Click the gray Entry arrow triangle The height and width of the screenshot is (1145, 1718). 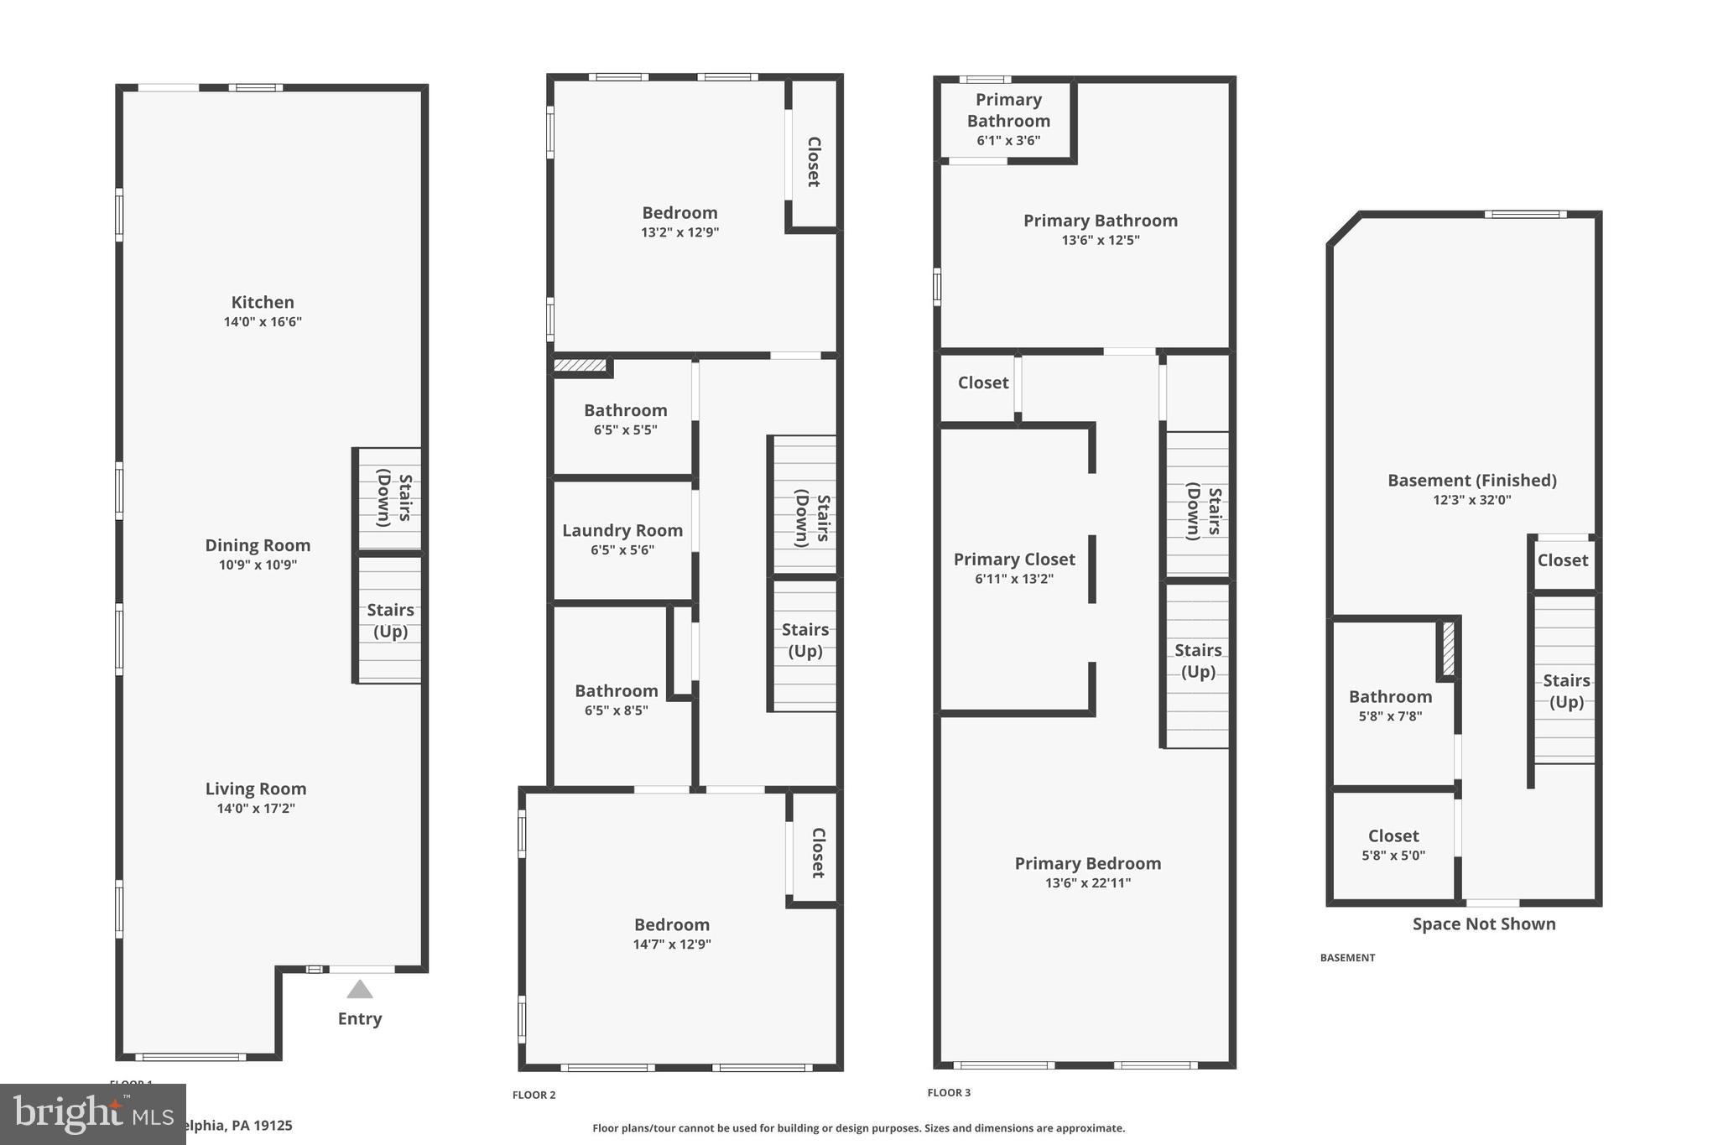360,990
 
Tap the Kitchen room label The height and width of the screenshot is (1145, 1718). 263,302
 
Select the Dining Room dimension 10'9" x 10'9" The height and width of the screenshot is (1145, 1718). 258,565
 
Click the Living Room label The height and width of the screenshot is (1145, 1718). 256,788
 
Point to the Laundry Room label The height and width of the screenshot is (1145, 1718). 622,530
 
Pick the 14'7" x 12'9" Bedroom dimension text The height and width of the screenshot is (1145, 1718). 672,945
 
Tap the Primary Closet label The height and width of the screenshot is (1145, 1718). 1014,559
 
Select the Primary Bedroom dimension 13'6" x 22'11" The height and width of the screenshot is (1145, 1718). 1088,882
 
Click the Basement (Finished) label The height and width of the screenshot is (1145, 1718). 1472,481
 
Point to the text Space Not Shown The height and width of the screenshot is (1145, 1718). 1484,924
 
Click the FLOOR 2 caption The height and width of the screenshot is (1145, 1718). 534,1095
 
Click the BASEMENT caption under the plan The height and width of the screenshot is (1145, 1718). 1347,957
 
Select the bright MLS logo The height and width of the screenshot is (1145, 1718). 92,1114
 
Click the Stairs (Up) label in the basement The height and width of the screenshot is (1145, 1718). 1566,690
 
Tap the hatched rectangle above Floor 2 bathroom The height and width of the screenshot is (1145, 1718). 580,365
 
